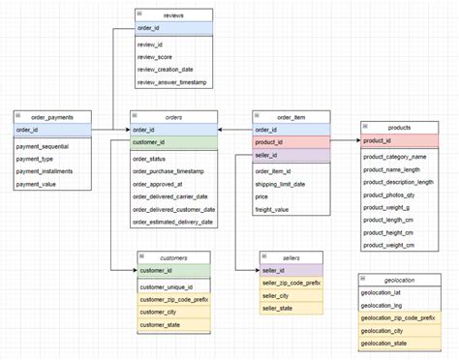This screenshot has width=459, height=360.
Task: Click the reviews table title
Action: click(175, 15)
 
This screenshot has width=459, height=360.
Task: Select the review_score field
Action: click(161, 57)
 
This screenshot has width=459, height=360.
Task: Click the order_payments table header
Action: click(51, 116)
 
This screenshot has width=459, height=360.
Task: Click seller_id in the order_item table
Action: click(267, 155)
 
